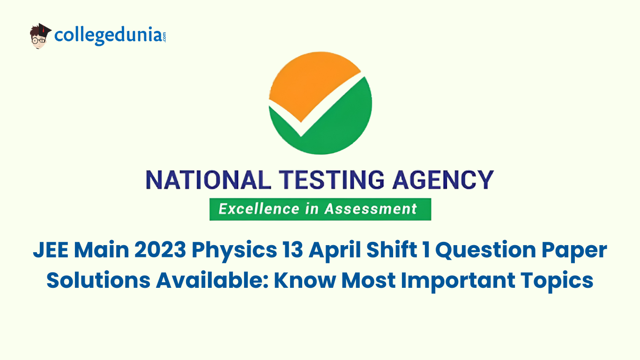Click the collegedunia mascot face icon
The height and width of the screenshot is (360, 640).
pos(40,37)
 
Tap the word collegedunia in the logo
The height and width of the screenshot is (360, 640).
pos(108,36)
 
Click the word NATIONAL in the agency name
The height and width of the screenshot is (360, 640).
pos(208,180)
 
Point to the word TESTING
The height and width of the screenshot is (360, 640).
pos(332,180)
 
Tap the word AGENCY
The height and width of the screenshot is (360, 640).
pos(443,180)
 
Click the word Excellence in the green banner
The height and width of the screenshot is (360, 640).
pos(259,209)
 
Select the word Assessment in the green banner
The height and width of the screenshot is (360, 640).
pos(371,209)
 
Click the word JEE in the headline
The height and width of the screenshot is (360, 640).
pos(51,250)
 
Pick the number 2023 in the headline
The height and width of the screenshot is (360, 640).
pos(160,250)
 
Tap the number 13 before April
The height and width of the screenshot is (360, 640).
pos(292,250)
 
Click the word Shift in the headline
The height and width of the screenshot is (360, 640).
pos(392,250)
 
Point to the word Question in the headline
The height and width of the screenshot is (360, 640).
pos(486,250)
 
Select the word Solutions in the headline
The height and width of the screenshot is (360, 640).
pos(98,280)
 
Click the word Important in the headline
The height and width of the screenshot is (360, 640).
pos(458,282)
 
